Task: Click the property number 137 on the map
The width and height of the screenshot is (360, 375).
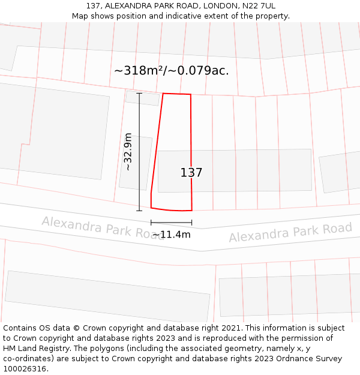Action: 191,173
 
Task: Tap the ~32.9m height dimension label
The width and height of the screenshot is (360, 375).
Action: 128,152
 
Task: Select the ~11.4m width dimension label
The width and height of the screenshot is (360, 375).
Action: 171,235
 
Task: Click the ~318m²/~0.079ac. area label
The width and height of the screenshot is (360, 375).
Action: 172,71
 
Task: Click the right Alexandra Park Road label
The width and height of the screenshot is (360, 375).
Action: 290,233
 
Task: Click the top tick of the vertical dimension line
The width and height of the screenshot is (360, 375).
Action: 139,93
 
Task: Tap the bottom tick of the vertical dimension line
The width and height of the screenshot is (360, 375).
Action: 139,211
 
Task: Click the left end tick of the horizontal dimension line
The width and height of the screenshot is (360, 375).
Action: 151,223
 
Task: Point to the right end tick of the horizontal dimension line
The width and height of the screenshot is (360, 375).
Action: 192,223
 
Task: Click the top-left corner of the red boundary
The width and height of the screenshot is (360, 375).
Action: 163,94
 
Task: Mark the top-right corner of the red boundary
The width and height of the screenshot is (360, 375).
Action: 191,95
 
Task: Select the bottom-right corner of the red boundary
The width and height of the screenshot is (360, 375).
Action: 192,211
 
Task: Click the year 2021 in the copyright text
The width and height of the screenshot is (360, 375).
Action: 231,328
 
